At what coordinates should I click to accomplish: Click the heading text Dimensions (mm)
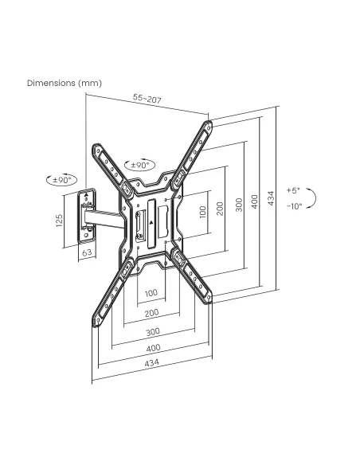[65, 83]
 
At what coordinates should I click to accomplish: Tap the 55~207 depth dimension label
[147, 98]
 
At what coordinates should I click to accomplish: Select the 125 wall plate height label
[59, 221]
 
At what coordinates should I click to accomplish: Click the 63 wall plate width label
[87, 252]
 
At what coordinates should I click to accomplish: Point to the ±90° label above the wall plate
[62, 180]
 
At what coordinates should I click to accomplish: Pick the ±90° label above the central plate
[139, 165]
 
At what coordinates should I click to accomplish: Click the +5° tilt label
[293, 190]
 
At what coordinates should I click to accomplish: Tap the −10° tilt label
[294, 205]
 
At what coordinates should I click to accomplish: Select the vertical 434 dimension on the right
[271, 198]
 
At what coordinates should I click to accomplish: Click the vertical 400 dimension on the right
[254, 201]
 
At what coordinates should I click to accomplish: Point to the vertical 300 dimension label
[239, 205]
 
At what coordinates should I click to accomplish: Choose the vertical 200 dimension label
[220, 209]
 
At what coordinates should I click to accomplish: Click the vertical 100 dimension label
[203, 212]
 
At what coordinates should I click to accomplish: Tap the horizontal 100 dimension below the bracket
[151, 293]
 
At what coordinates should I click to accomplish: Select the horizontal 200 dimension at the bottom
[151, 313]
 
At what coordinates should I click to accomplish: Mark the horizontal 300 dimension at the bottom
[153, 331]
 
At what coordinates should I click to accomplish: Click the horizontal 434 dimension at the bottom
[151, 362]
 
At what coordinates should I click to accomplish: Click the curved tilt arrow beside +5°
[315, 197]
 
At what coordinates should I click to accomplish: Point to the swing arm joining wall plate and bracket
[104, 218]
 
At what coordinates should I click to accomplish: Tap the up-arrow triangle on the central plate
[151, 223]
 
